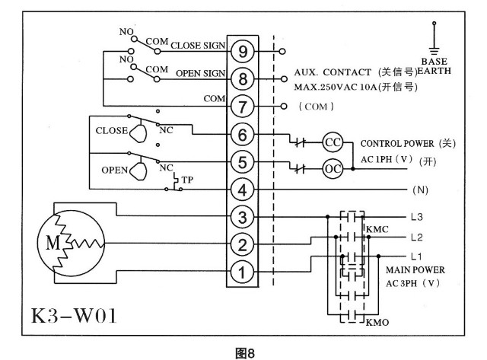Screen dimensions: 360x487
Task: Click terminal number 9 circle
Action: pyautogui.click(x=243, y=51)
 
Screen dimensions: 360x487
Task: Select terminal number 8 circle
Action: pyautogui.click(x=243, y=78)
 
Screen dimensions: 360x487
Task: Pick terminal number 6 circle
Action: pyautogui.click(x=243, y=134)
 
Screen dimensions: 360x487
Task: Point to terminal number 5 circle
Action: pyautogui.click(x=243, y=161)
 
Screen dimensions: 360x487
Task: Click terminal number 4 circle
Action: pyautogui.click(x=243, y=189)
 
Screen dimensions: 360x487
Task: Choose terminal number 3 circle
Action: pyautogui.click(x=243, y=217)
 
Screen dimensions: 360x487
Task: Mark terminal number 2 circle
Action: pyautogui.click(x=243, y=244)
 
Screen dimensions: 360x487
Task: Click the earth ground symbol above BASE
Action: pyautogui.click(x=435, y=38)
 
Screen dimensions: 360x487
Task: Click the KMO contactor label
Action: pyautogui.click(x=378, y=323)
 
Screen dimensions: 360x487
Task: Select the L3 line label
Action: pyautogui.click(x=415, y=217)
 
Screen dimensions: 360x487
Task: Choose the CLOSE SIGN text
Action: pyautogui.click(x=197, y=46)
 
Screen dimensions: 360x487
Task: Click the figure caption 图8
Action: pyautogui.click(x=243, y=352)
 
